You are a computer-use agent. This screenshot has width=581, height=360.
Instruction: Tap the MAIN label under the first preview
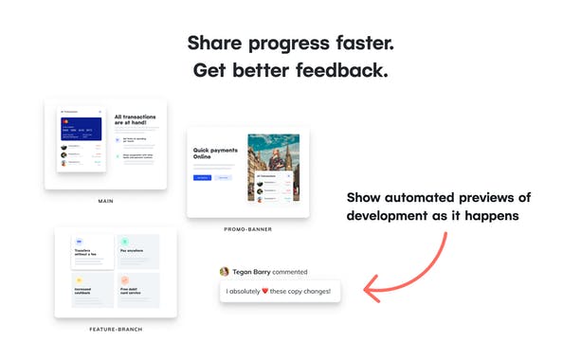coord(106,202)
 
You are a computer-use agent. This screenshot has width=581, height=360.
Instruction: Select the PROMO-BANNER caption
coord(248,230)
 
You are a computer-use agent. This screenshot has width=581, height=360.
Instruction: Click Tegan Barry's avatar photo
coord(225,271)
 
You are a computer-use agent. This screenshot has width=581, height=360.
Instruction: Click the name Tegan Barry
coord(252,271)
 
